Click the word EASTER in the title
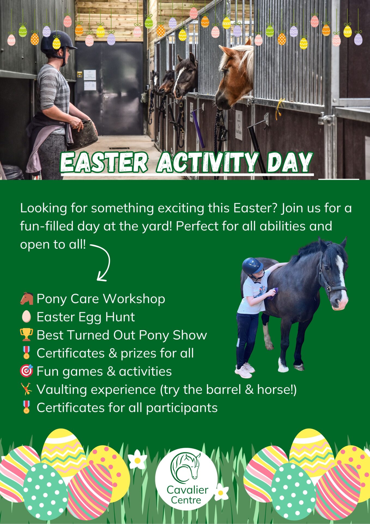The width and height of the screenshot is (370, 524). tap(104, 162)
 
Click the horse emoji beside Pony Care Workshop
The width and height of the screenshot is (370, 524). tap(26, 299)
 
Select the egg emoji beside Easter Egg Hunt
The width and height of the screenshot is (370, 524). tap(26, 317)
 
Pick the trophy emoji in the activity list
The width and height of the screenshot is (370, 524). tap(26, 335)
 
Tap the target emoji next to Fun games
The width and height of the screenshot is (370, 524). tap(26, 371)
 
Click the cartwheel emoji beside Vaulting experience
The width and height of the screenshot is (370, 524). tap(26, 389)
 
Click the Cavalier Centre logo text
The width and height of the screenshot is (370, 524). tap(187, 495)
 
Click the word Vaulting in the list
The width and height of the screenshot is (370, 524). tap(62, 390)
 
